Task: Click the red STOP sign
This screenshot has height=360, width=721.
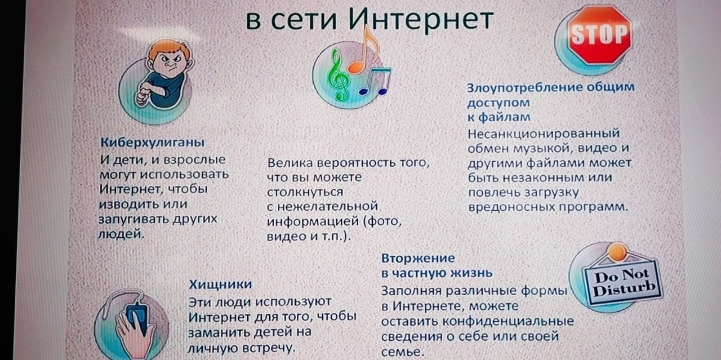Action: [600, 34]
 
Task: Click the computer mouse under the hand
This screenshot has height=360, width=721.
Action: [137, 317]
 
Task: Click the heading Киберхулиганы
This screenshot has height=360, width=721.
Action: [152, 142]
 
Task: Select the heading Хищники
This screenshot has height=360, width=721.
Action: [220, 285]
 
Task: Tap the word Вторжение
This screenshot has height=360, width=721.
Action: [418, 258]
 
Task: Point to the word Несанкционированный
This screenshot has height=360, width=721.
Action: [544, 134]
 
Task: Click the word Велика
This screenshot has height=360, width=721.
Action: [290, 163]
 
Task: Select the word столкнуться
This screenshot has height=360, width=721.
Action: [305, 192]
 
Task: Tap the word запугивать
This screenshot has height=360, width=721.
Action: [133, 220]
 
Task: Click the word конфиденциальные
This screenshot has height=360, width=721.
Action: [508, 321]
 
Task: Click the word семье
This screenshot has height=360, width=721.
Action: [402, 352]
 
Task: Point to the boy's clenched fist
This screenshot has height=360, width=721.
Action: [143, 96]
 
